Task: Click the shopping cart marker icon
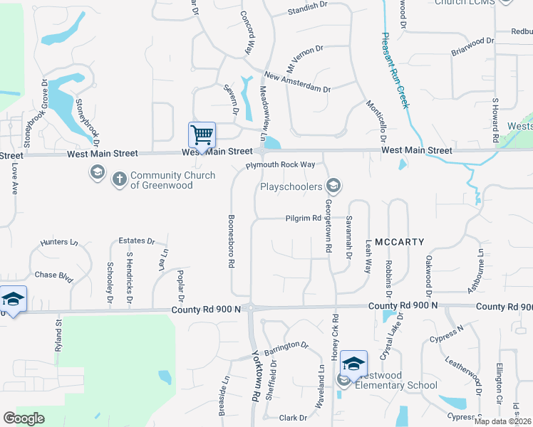[x=202, y=134]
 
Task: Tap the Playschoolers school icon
[x=333, y=186]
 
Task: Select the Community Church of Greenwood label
[x=172, y=180]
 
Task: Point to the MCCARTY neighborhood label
[x=400, y=241]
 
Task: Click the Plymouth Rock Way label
[x=280, y=165]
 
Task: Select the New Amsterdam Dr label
[x=297, y=82]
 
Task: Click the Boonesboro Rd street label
[x=231, y=241]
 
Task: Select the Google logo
[x=24, y=418]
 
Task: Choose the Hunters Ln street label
[x=59, y=242]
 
